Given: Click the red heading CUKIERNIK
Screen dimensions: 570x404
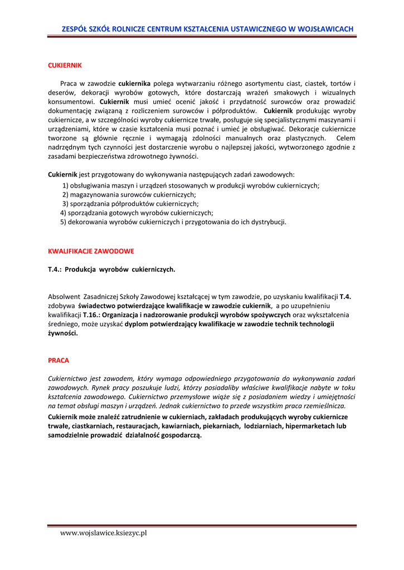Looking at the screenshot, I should click(x=65, y=65).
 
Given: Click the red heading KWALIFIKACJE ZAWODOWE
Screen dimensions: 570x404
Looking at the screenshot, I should click(x=91, y=251).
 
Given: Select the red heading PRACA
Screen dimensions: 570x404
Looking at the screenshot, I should click(x=59, y=360).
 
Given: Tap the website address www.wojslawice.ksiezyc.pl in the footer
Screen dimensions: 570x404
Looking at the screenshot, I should click(x=104, y=533).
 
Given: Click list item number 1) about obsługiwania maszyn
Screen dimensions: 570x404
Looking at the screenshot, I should click(x=191, y=186).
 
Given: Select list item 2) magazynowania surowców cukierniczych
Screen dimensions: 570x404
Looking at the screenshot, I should click(x=129, y=195).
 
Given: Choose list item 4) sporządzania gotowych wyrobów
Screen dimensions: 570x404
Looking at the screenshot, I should click(x=137, y=213).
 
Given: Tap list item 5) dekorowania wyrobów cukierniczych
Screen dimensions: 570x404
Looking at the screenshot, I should click(x=173, y=222).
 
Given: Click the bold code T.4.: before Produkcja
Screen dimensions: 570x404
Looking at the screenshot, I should click(x=55, y=269).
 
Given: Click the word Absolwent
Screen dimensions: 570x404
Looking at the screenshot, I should click(x=64, y=297).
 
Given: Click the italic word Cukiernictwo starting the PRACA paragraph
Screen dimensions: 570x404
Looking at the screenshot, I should click(x=69, y=379).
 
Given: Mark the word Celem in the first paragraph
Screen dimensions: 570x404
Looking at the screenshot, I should click(x=345, y=138).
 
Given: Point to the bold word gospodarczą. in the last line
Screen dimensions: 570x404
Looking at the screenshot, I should click(x=180, y=435).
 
